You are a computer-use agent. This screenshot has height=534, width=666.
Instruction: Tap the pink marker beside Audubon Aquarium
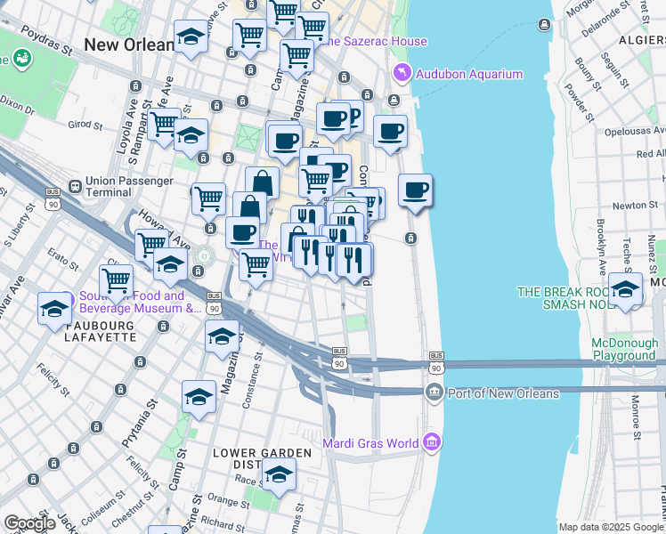pos(402,73)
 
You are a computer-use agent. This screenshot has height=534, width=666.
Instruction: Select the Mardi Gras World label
pos(378,441)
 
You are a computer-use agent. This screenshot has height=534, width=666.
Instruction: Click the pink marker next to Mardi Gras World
pos(432,441)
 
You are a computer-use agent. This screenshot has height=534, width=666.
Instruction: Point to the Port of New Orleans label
pos(504,393)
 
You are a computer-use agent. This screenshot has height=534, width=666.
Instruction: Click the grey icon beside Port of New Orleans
pos(434,392)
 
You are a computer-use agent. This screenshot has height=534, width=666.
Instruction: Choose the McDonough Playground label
pos(625,349)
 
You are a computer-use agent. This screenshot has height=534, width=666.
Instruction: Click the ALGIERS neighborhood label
pos(638,41)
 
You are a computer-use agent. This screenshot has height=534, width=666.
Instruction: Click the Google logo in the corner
pos(29,523)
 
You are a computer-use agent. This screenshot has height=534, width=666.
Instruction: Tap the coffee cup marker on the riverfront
pos(415,190)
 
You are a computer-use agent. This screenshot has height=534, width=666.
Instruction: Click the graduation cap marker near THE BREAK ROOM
pos(625,290)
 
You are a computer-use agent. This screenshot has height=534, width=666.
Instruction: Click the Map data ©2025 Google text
pos(611,527)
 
